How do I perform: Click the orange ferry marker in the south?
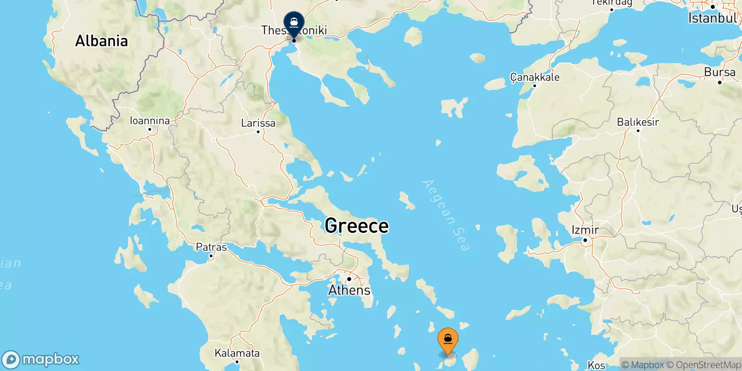448,340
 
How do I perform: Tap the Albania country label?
102,41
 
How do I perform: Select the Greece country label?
357,226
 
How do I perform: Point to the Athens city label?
349,290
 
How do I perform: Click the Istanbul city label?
712,19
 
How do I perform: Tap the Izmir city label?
585,230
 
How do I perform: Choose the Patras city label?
211,247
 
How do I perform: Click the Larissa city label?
258,123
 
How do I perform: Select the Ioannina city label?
149,121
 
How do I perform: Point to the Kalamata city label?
237,353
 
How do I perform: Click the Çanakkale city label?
535,77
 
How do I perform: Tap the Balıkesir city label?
638,122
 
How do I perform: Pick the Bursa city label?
719,72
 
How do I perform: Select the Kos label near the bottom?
596,365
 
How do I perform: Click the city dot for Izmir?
585,240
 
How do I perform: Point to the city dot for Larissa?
258,132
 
